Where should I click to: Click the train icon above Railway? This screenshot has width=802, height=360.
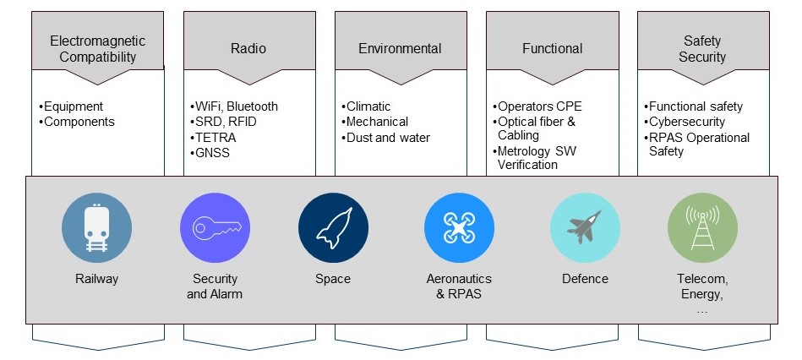point(96,228)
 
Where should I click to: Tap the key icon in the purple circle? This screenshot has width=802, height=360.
point(216,227)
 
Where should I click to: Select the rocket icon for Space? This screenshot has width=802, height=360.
point(334,228)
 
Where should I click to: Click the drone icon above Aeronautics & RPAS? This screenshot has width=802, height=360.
point(459,228)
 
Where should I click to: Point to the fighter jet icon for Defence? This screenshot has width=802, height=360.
point(584,226)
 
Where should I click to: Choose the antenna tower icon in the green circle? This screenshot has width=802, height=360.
point(702,227)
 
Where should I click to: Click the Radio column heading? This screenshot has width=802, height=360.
point(248,48)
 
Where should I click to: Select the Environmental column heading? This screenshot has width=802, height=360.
point(400,48)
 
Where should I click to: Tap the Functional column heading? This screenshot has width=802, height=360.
point(553,48)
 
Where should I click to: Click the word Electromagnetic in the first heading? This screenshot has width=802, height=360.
point(98,41)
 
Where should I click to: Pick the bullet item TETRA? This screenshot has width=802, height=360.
point(213,138)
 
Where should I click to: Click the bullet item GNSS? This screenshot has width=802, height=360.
point(210,153)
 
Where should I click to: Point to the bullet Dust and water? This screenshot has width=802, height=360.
point(385,138)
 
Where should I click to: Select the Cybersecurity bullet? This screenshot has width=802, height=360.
point(684,122)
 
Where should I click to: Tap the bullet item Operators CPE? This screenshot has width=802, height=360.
point(537,106)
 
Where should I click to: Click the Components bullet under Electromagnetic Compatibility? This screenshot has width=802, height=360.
point(77,122)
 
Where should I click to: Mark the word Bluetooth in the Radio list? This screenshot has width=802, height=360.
point(252,106)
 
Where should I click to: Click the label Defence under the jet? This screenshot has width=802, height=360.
point(585,279)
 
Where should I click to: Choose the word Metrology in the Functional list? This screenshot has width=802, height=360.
point(522,151)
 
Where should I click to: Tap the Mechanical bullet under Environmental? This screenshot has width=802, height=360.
point(374,122)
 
